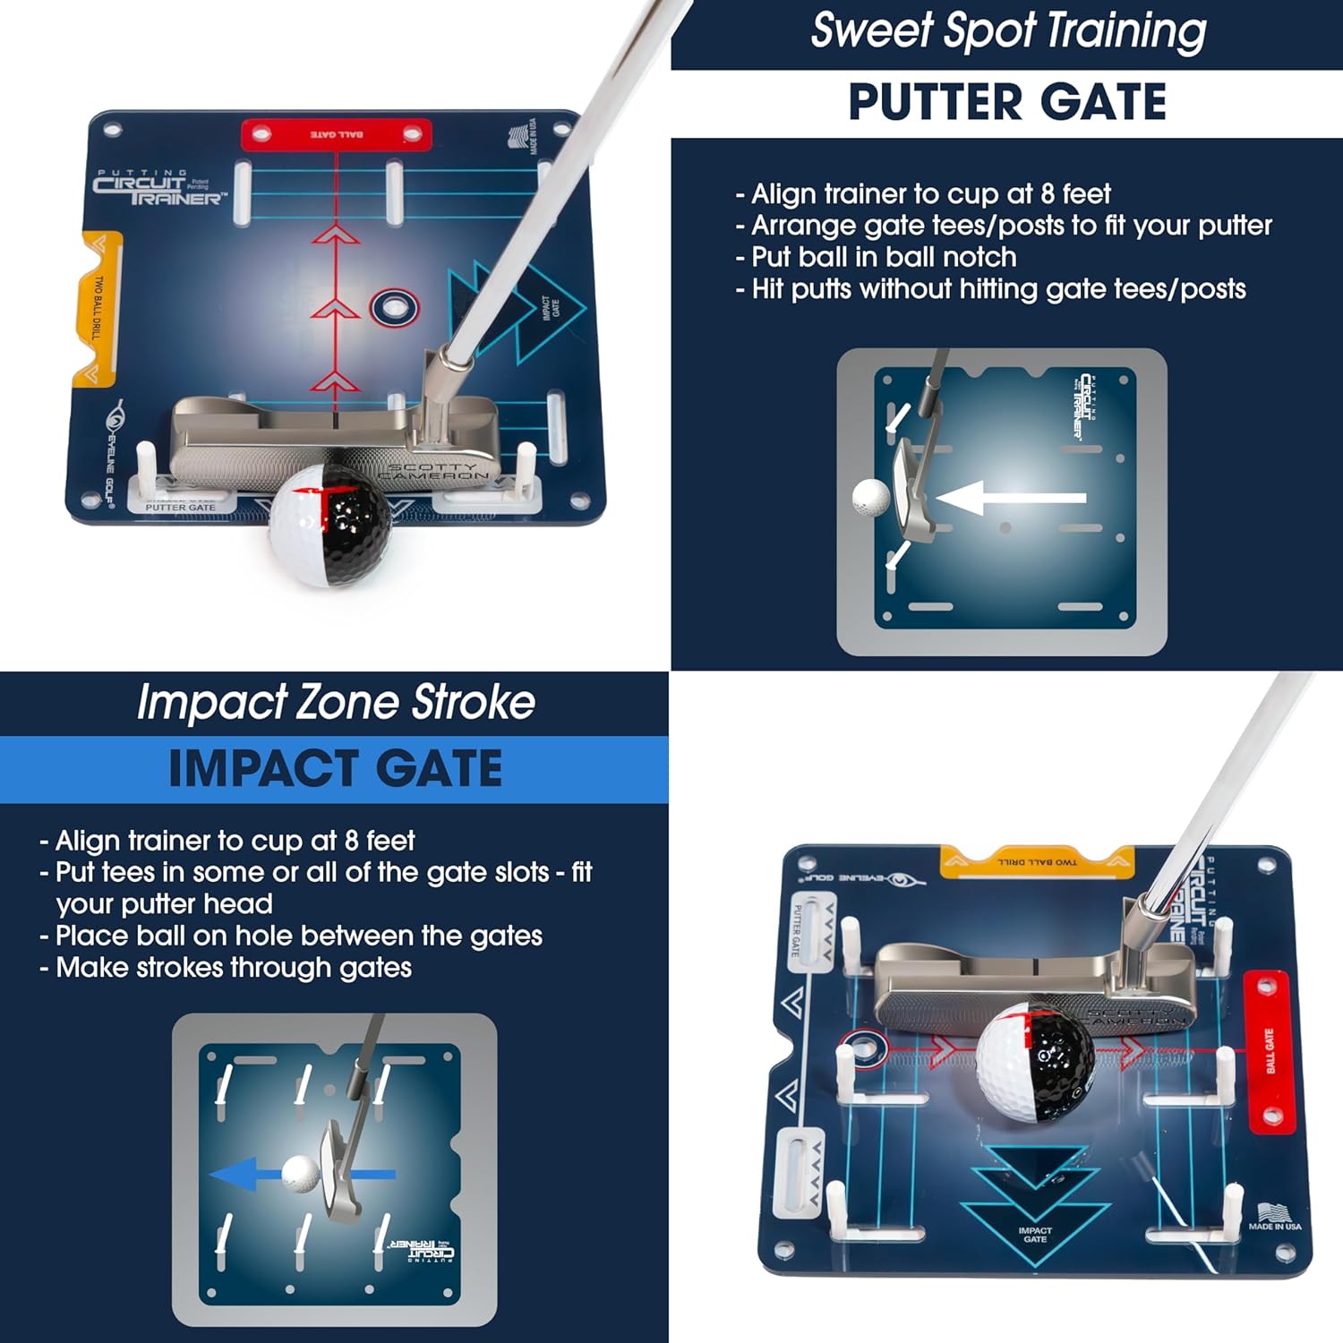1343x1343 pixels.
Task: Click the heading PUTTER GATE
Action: point(1006,102)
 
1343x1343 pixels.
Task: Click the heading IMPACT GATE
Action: point(335,769)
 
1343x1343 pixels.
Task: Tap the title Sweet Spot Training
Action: point(1008,31)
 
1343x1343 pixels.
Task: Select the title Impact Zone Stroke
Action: point(336,702)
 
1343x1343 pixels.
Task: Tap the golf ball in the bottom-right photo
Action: point(1034,1061)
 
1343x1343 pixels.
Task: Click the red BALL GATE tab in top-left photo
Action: point(337,134)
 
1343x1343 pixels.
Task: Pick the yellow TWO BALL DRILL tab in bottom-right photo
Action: point(1037,861)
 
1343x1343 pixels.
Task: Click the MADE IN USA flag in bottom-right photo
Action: point(1275,1216)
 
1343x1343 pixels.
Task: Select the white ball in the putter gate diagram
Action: point(870,498)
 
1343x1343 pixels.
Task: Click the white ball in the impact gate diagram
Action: point(300,1173)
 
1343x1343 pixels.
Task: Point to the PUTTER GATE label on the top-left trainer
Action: point(180,507)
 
